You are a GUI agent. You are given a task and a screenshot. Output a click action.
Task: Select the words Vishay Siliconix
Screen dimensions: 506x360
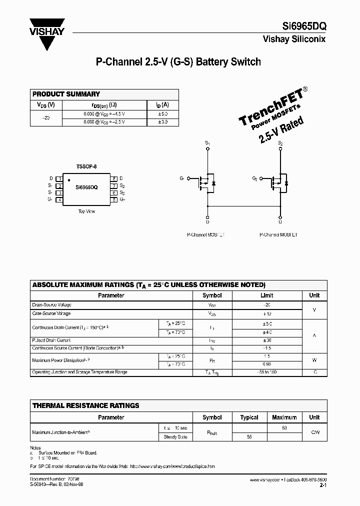294,39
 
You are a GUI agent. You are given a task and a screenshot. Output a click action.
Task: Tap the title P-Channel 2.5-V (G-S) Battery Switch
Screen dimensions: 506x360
178,62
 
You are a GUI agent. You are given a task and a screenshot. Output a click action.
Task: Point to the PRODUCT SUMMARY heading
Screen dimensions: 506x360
66,94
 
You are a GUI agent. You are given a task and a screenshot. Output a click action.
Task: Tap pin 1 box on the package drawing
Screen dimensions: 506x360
60,178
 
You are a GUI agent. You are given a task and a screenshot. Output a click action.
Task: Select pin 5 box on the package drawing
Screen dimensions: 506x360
114,199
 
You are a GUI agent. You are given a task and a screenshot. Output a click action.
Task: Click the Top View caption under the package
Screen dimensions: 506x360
86,211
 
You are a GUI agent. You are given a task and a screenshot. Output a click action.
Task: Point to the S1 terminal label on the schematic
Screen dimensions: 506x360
208,143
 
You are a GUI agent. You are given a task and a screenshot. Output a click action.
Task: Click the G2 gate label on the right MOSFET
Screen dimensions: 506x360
255,178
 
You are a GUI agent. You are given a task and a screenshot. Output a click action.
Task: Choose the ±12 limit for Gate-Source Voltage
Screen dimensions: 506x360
267,314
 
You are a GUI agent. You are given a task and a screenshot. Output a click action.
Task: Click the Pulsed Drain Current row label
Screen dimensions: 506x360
52,340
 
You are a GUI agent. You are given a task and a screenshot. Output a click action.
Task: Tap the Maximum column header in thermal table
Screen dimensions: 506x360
284,417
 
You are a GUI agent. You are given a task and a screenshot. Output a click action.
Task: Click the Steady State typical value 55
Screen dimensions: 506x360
248,437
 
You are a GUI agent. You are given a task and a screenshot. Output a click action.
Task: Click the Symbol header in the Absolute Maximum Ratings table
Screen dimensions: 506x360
212,295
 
